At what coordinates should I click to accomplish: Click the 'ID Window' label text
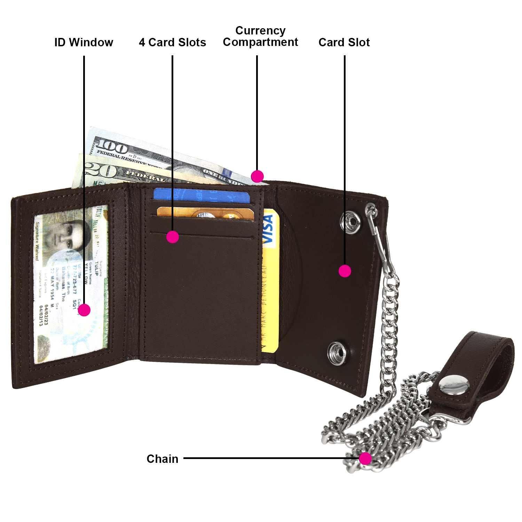pyautogui.click(x=84, y=42)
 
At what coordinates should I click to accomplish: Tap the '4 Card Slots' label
pyautogui.click(x=172, y=42)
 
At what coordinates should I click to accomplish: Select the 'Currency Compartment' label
pyautogui.click(x=260, y=36)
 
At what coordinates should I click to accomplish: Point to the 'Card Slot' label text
pyautogui.click(x=344, y=42)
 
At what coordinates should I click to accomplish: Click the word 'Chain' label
pyautogui.click(x=162, y=459)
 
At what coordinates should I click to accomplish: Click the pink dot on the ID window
pyautogui.click(x=84, y=310)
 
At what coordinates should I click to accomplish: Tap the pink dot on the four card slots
pyautogui.click(x=173, y=237)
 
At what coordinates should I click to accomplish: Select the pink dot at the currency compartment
pyautogui.click(x=257, y=176)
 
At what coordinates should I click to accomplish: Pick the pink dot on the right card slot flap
pyautogui.click(x=345, y=271)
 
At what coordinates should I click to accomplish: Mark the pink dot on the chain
pyautogui.click(x=365, y=459)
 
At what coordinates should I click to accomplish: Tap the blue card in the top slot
pyautogui.click(x=201, y=196)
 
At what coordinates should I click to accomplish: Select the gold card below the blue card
pyautogui.click(x=205, y=213)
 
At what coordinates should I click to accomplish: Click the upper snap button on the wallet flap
pyautogui.click(x=350, y=222)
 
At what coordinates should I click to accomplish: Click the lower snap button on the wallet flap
pyautogui.click(x=337, y=353)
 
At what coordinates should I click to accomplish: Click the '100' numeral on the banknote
pyautogui.click(x=112, y=147)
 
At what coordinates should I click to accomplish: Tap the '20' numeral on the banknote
pyautogui.click(x=101, y=171)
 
